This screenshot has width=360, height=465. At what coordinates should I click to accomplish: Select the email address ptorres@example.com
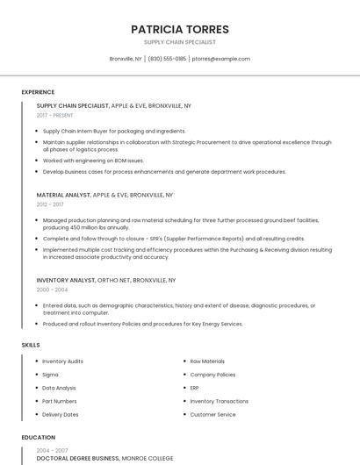pyautogui.click(x=220, y=59)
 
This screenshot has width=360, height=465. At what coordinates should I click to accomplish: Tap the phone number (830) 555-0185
pyautogui.click(x=167, y=59)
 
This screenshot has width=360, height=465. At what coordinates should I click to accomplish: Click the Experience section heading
pyautogui.click(x=38, y=92)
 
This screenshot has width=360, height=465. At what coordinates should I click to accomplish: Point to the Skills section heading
pyautogui.click(x=31, y=345)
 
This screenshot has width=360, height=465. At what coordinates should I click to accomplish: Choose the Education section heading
pyautogui.click(x=39, y=437)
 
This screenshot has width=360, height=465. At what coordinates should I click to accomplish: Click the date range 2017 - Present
pyautogui.click(x=54, y=115)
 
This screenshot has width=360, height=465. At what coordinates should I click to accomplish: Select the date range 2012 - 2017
pyautogui.click(x=50, y=204)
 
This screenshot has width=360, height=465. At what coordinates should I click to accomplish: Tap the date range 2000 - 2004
pyautogui.click(x=52, y=290)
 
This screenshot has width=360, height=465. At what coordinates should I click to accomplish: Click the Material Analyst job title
pyautogui.click(x=63, y=195)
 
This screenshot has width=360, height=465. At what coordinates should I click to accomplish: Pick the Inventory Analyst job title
pyautogui.click(x=66, y=280)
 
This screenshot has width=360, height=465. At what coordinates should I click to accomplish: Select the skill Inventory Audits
pyautogui.click(x=62, y=361)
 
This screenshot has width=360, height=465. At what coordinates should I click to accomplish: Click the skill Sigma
pyautogui.click(x=50, y=375)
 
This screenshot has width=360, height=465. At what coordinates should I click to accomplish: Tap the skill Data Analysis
pyautogui.click(x=59, y=388)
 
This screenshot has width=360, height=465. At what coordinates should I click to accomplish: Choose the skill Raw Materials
pyautogui.click(x=207, y=361)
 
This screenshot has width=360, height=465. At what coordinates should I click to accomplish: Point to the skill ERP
pyautogui.click(x=195, y=388)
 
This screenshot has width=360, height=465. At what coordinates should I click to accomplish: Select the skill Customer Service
pyautogui.click(x=212, y=414)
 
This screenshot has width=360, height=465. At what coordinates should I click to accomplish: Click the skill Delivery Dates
pyautogui.click(x=60, y=414)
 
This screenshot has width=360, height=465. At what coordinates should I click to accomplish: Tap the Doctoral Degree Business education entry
pyautogui.click(x=78, y=458)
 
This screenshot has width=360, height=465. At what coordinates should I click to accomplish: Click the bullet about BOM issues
pyautogui.click(x=93, y=161)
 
